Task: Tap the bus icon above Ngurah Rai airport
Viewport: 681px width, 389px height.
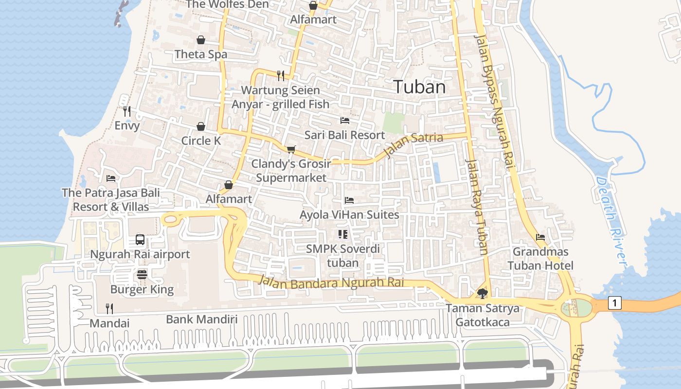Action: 140,239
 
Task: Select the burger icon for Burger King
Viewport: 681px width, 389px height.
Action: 142,274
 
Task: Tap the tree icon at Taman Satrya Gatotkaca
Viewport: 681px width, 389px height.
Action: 482,293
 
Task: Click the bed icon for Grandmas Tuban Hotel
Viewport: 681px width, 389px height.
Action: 540,237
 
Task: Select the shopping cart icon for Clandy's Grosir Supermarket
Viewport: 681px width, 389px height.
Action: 291,149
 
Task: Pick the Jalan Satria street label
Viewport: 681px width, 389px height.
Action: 413,144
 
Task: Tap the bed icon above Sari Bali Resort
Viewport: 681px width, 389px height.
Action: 345,120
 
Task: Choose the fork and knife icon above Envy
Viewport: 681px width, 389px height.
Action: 127,111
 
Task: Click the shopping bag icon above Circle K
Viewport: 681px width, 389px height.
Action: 201,126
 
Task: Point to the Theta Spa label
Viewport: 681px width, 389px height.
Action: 201,54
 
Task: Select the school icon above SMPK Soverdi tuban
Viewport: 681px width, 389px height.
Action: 343,234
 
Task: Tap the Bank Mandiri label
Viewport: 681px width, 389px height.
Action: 202,319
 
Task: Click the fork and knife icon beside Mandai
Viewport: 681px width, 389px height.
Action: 109,308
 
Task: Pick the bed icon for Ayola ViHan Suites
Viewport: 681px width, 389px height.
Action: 349,200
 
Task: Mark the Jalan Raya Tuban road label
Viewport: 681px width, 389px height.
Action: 476,207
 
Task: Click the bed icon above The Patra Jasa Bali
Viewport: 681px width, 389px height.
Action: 111,178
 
